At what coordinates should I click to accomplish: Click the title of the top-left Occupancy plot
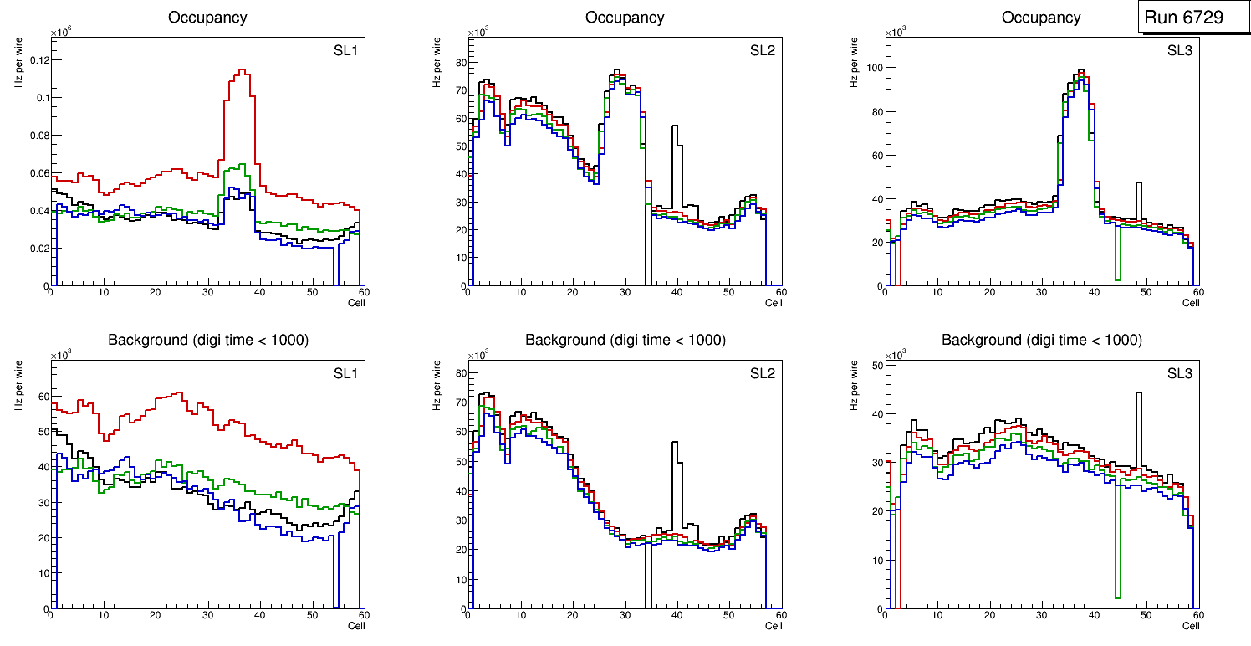pyautogui.click(x=207, y=17)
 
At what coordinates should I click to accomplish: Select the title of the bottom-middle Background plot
pyautogui.click(x=625, y=340)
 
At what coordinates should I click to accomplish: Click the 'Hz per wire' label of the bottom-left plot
pyautogui.click(x=18, y=385)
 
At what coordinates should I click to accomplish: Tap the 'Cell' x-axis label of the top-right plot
pyautogui.click(x=1191, y=303)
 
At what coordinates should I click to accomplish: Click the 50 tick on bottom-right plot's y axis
pyautogui.click(x=874, y=366)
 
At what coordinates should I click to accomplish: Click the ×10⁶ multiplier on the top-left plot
pyautogui.click(x=60, y=33)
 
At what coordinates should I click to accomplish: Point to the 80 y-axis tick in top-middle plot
pyautogui.click(x=457, y=62)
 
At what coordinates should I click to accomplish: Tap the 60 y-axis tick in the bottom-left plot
pyautogui.click(x=40, y=396)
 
